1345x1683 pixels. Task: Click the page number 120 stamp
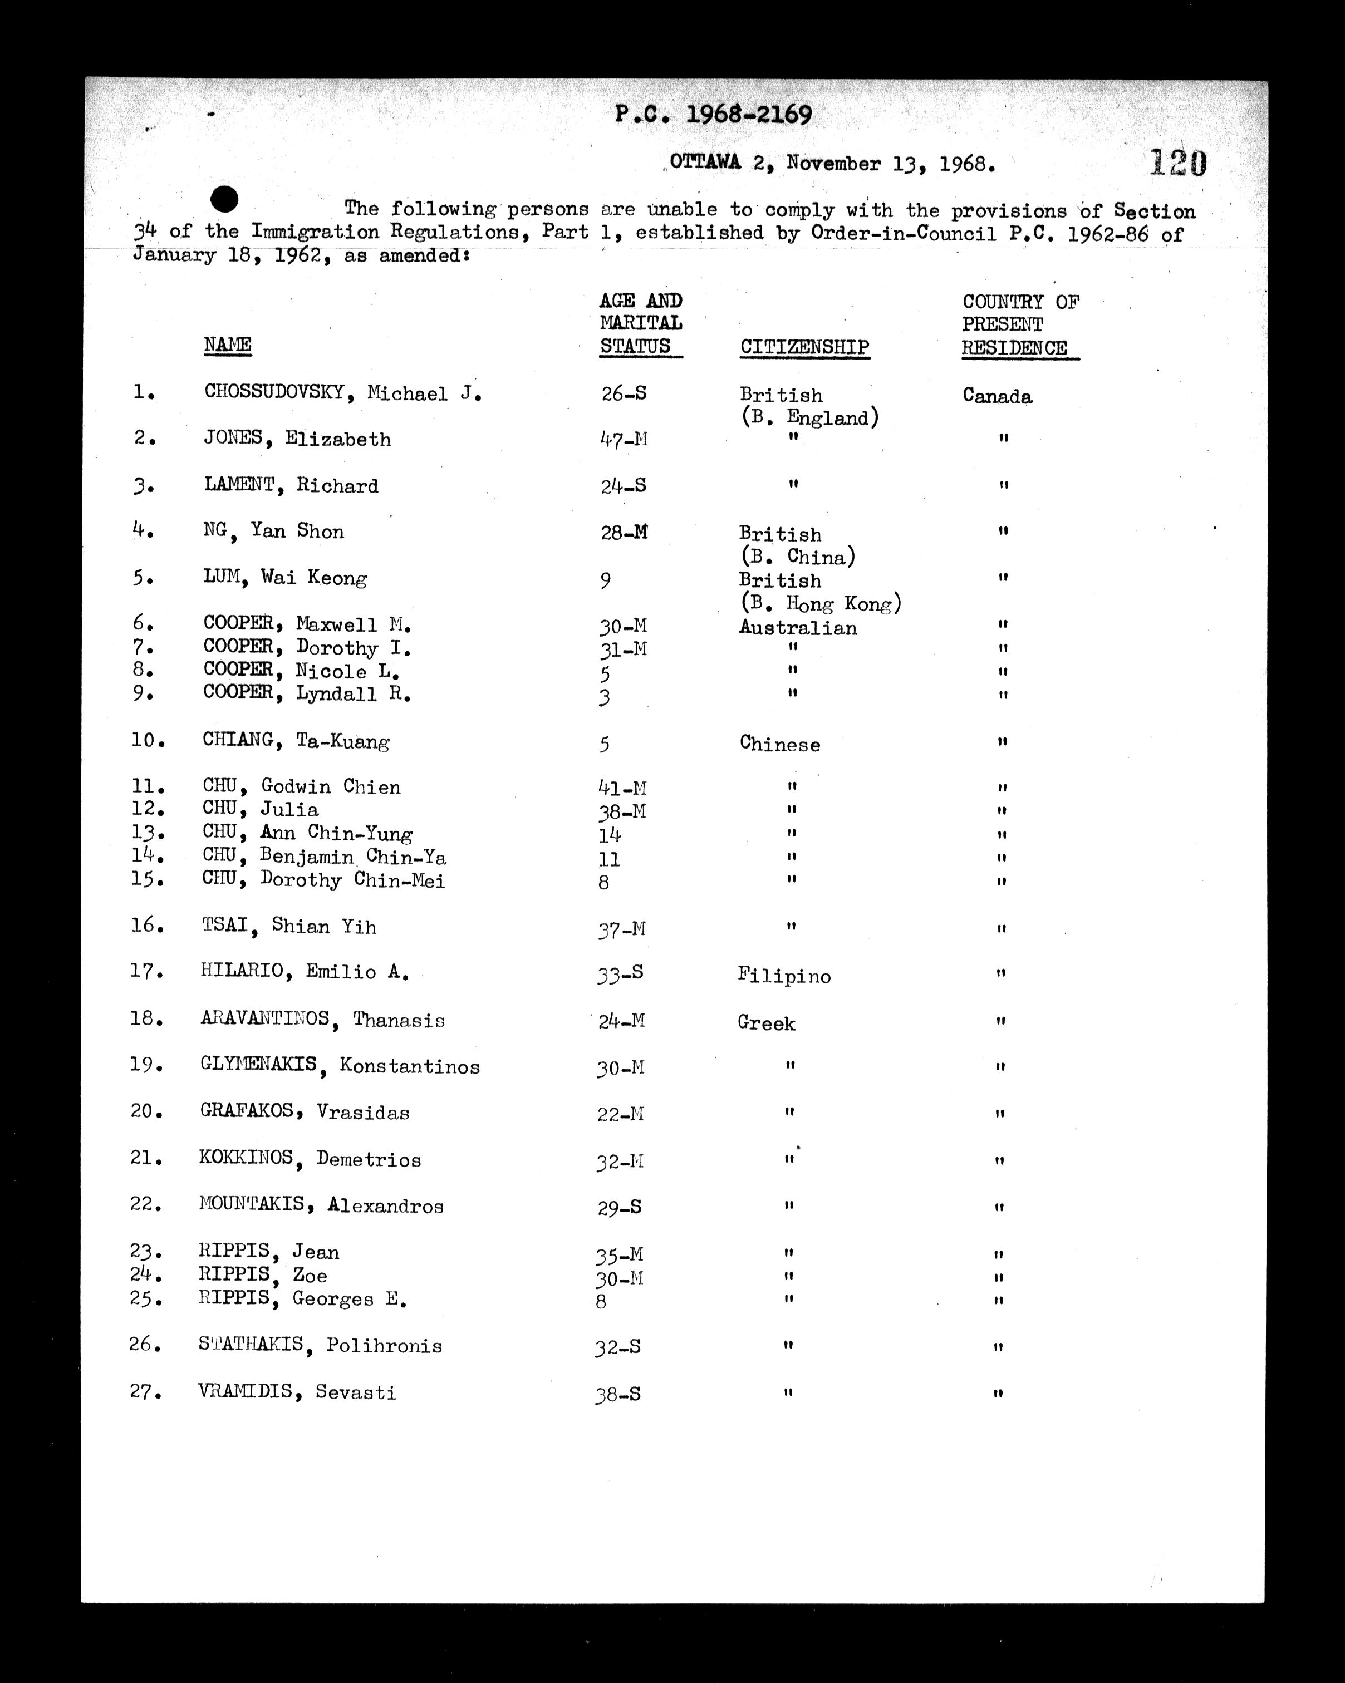(x=1177, y=163)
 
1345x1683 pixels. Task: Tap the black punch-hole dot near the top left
(x=225, y=200)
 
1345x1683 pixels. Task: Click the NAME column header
(x=227, y=345)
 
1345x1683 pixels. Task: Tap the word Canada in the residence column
(x=997, y=397)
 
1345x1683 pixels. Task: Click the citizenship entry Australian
(x=798, y=628)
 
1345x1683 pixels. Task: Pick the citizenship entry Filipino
(x=784, y=976)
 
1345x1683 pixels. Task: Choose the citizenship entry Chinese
(x=780, y=744)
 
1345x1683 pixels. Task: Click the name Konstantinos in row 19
(x=409, y=1066)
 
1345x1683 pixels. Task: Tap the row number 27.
(x=146, y=1392)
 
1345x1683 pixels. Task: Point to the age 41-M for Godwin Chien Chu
(x=622, y=789)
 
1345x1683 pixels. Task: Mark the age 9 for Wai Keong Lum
(x=606, y=580)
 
